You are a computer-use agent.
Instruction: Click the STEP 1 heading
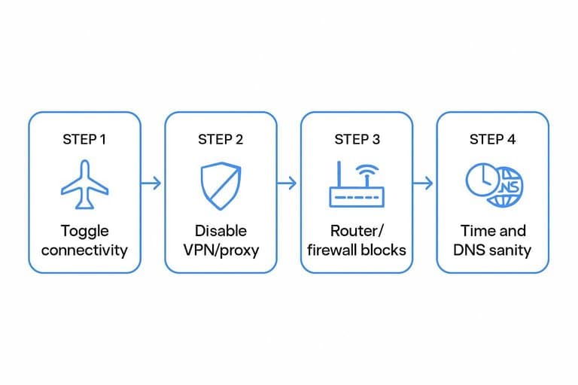[84, 140]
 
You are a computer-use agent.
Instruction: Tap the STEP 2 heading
[221, 140]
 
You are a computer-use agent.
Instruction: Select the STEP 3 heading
[357, 140]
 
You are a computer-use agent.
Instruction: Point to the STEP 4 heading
[492, 140]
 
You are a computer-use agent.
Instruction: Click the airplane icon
[85, 184]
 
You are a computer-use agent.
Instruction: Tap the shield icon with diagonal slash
[221, 186]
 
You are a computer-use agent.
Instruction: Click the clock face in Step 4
[483, 180]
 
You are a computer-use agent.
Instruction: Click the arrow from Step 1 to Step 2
[151, 183]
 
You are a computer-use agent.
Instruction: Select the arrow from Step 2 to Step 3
[287, 183]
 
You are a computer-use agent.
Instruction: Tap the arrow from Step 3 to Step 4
[423, 183]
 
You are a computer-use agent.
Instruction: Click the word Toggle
[85, 232]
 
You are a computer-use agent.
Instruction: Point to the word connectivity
[84, 250]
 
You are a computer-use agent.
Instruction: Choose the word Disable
[221, 231]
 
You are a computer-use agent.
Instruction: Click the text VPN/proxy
[221, 250]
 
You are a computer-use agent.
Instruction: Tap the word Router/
[357, 232]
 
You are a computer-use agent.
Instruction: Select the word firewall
[333, 250]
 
